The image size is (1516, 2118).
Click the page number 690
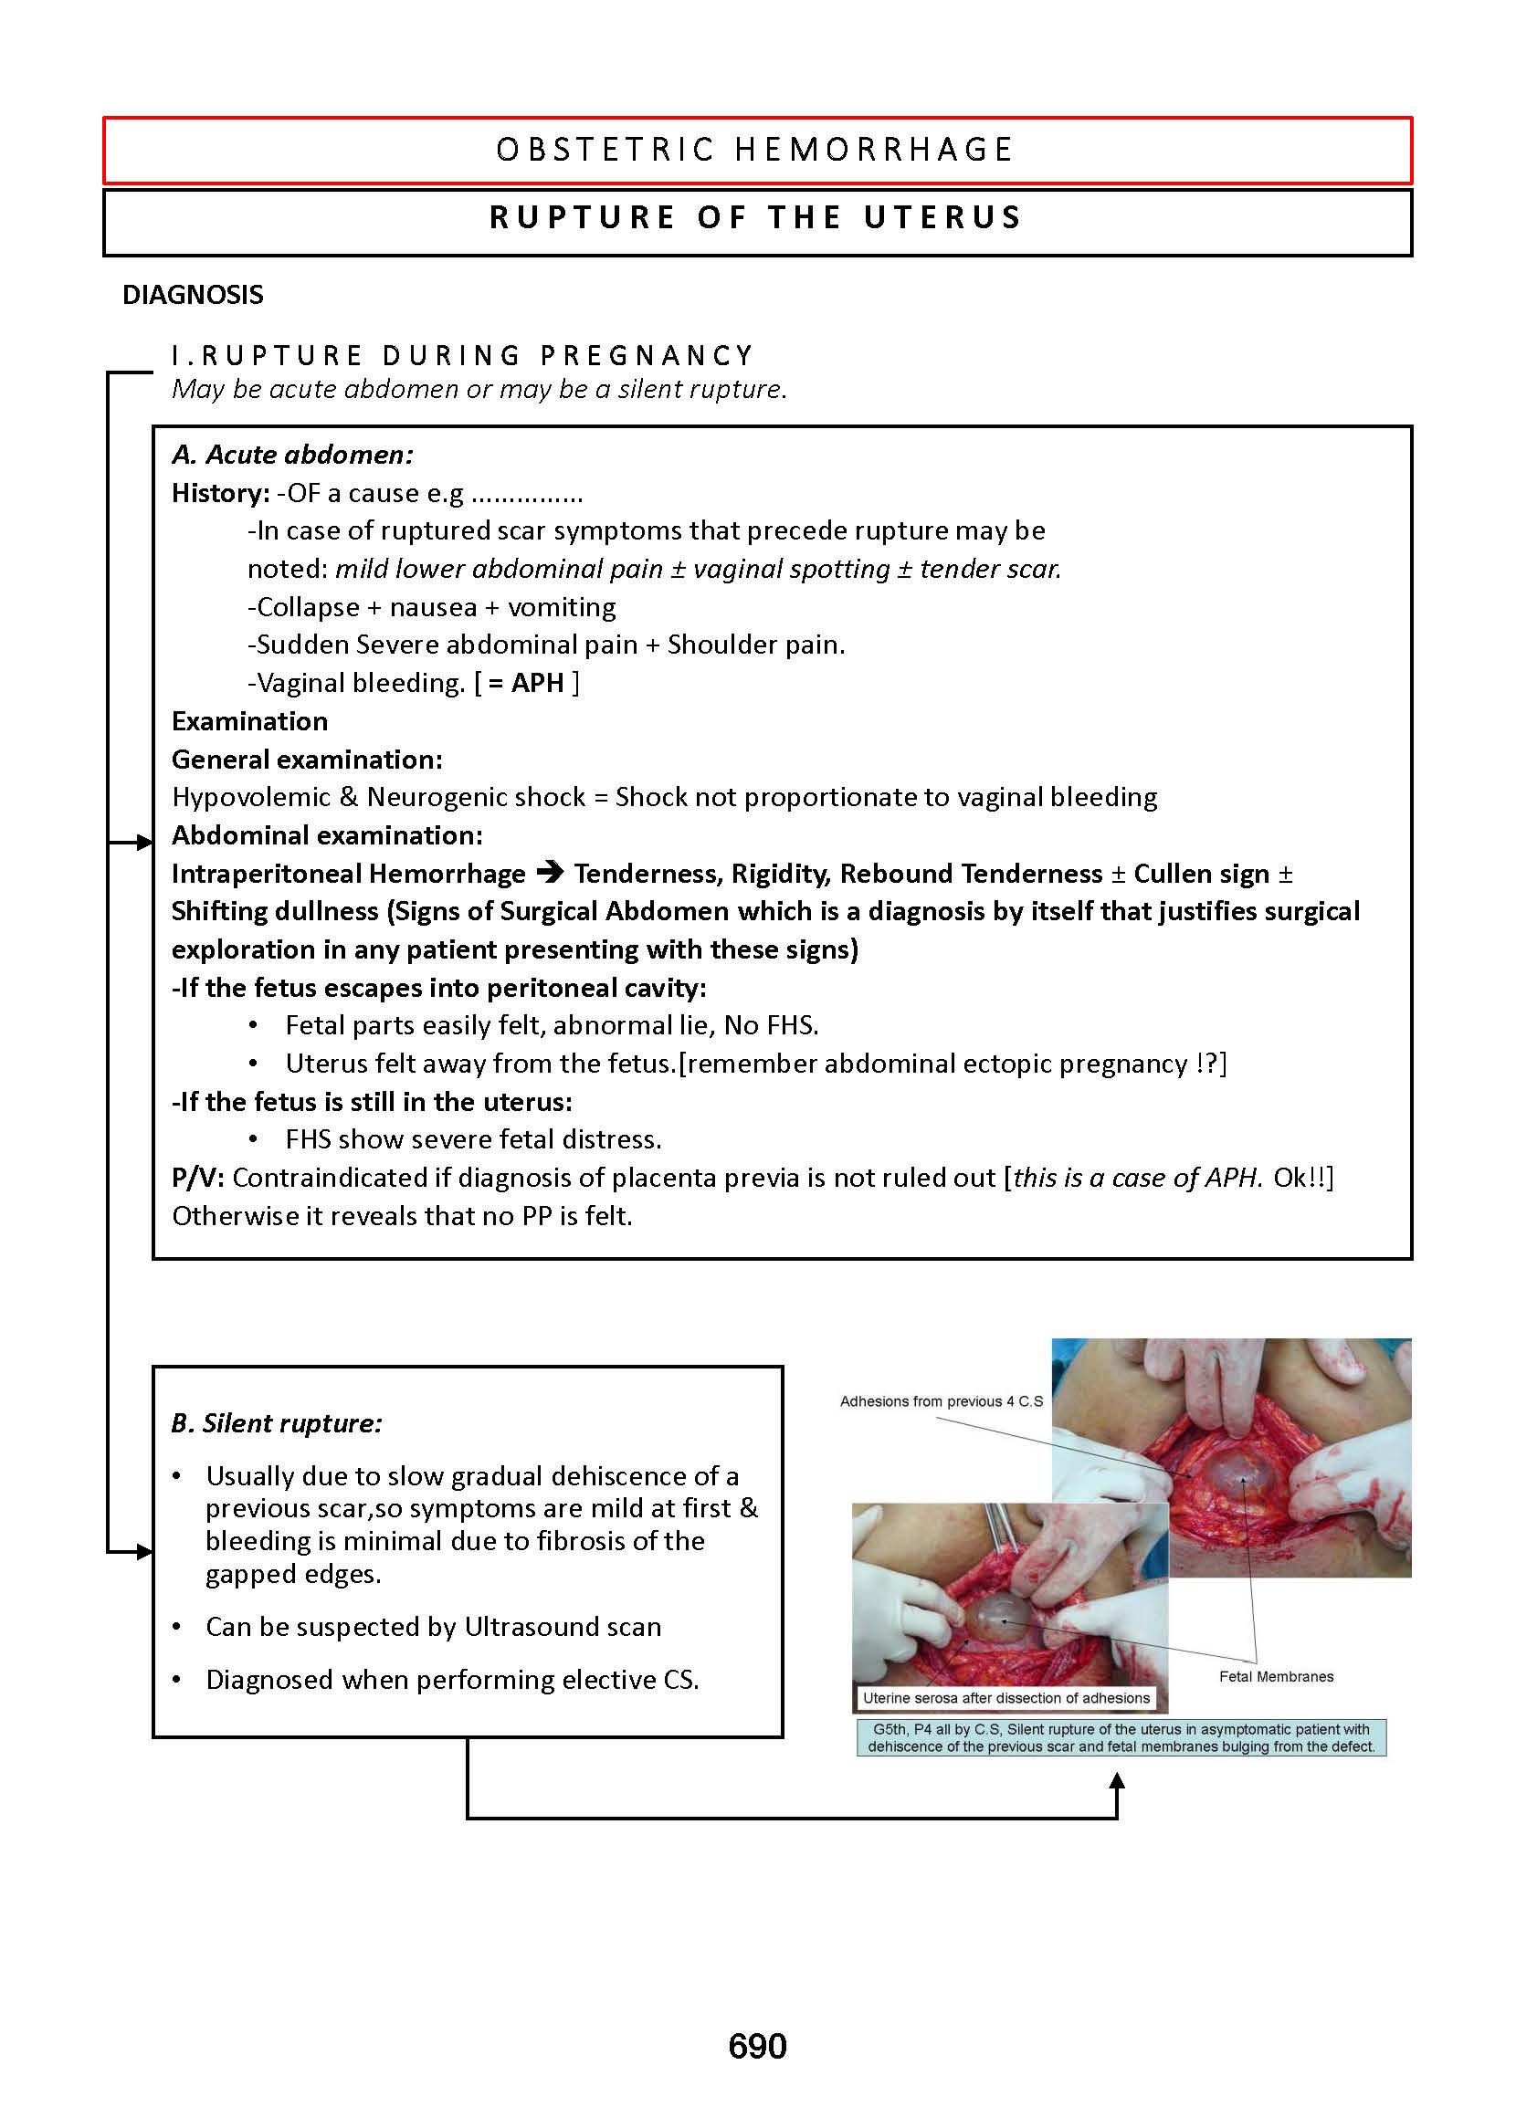point(757,2046)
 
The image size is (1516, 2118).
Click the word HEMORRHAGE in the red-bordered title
point(874,151)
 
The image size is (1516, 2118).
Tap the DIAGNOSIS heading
point(194,295)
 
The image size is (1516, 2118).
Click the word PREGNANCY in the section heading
point(647,355)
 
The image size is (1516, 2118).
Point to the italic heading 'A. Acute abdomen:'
point(292,455)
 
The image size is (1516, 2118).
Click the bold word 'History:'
point(220,493)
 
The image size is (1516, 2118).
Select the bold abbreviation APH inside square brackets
point(538,683)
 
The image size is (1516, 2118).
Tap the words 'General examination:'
point(307,760)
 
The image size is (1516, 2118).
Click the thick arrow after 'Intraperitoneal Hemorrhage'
point(551,873)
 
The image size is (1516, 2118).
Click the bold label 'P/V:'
point(198,1178)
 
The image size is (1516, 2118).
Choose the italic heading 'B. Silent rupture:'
point(278,1423)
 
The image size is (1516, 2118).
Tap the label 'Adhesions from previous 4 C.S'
point(941,1400)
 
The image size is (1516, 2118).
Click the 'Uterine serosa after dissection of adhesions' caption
point(1005,1698)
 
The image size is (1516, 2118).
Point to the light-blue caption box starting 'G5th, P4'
point(1121,1738)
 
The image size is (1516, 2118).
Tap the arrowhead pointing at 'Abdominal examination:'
point(144,843)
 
